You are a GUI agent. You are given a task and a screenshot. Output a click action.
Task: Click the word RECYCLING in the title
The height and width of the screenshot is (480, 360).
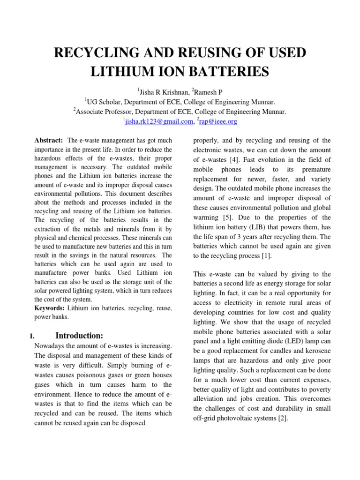pos(95,53)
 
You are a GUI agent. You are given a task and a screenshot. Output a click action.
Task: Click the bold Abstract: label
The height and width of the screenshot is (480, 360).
pos(49,140)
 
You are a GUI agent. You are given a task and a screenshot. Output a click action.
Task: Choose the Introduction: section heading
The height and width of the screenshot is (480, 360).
pos(79,336)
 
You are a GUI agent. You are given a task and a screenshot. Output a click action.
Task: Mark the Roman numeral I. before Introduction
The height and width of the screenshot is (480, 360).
pos(32,336)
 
